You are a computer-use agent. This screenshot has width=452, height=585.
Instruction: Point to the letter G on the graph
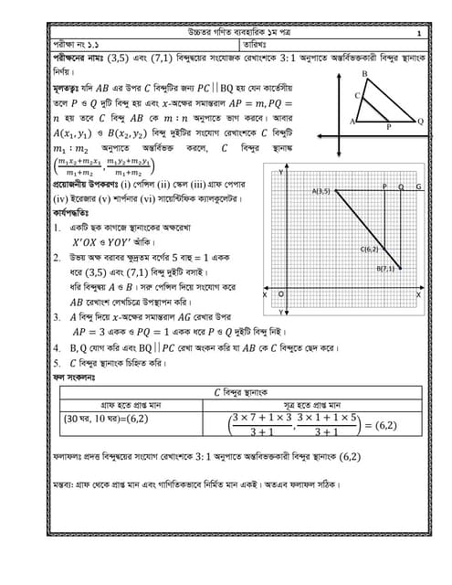(418, 186)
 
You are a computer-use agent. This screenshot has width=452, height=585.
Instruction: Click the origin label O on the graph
(279, 294)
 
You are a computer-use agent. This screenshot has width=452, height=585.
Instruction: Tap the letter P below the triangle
(389, 128)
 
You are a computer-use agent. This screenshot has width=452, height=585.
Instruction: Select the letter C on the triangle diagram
(358, 95)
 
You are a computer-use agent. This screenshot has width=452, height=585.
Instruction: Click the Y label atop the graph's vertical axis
(279, 172)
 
